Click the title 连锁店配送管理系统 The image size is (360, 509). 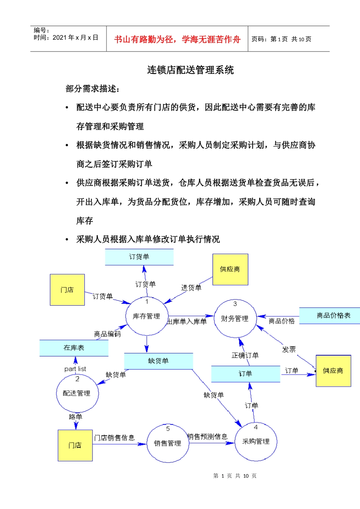click(191, 70)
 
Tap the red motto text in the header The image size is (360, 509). click(177, 39)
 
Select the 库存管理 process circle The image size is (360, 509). click(147, 317)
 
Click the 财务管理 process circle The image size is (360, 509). click(235, 319)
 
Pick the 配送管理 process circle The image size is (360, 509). click(77, 393)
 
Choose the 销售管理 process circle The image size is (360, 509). click(167, 443)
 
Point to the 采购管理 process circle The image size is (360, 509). click(256, 441)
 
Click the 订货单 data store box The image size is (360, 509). click(139, 257)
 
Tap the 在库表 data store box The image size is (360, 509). click(74, 348)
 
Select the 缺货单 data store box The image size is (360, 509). click(158, 361)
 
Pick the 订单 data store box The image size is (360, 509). click(245, 374)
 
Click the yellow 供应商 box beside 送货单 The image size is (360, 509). click(230, 269)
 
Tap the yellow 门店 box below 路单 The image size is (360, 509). click(75, 445)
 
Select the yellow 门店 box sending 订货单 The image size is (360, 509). click(67, 290)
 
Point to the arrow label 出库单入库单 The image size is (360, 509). click(187, 322)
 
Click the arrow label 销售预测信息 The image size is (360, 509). click(208, 437)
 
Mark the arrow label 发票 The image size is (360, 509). click(289, 350)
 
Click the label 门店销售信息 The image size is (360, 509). click(114, 438)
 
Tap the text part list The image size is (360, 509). click(75, 369)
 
